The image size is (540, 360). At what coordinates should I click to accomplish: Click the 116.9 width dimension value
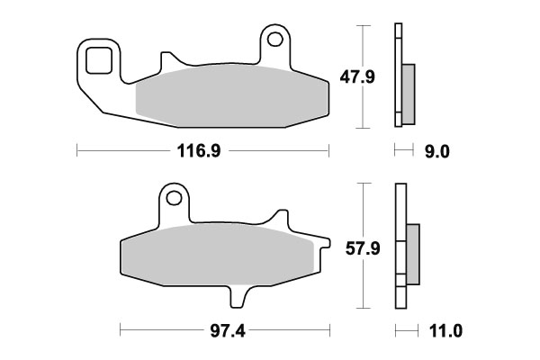(202, 151)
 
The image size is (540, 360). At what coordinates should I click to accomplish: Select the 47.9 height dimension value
(382, 79)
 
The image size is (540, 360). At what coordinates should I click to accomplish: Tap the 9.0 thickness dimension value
(436, 151)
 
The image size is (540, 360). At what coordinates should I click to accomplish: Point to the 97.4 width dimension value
(221, 331)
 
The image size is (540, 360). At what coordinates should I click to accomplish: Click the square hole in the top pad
(98, 61)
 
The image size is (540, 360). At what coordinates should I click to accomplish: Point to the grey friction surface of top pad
(225, 93)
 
